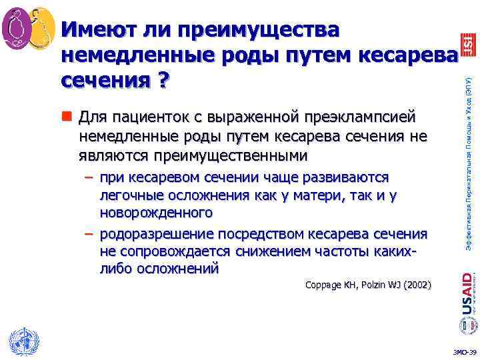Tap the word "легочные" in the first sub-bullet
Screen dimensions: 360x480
(126, 195)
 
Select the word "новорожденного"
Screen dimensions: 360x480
(156, 213)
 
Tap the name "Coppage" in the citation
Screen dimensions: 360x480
(323, 285)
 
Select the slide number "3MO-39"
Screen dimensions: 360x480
(464, 352)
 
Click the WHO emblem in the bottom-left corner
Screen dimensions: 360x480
(21, 341)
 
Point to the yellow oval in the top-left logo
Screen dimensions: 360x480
(41, 27)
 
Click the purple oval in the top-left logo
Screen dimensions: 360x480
(17, 27)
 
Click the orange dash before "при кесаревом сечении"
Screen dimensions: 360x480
(89, 178)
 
